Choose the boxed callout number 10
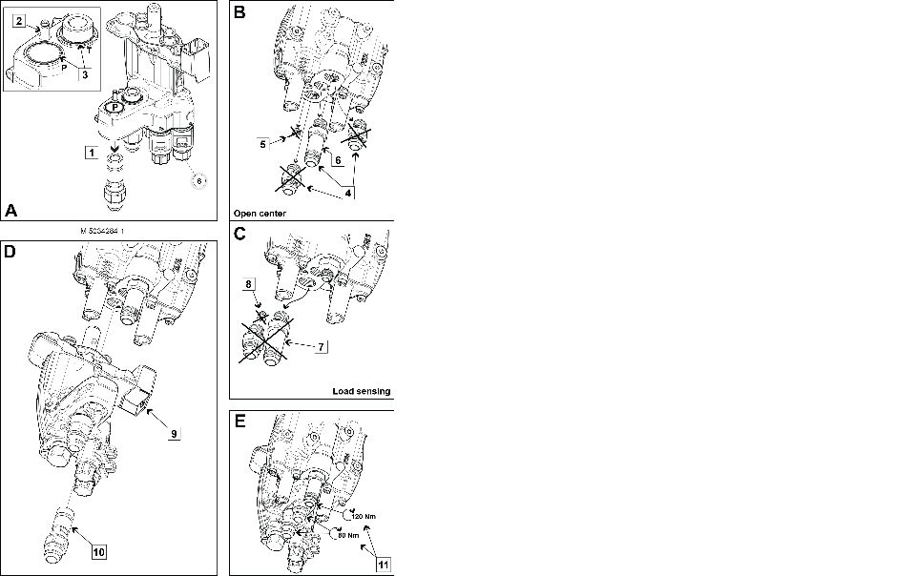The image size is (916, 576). click(x=98, y=550)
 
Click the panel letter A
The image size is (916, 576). click(x=11, y=210)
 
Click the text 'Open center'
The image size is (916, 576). click(x=260, y=214)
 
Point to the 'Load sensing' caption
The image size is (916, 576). click(x=362, y=391)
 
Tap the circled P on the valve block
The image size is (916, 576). click(x=114, y=109)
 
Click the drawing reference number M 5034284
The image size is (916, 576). click(x=107, y=230)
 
